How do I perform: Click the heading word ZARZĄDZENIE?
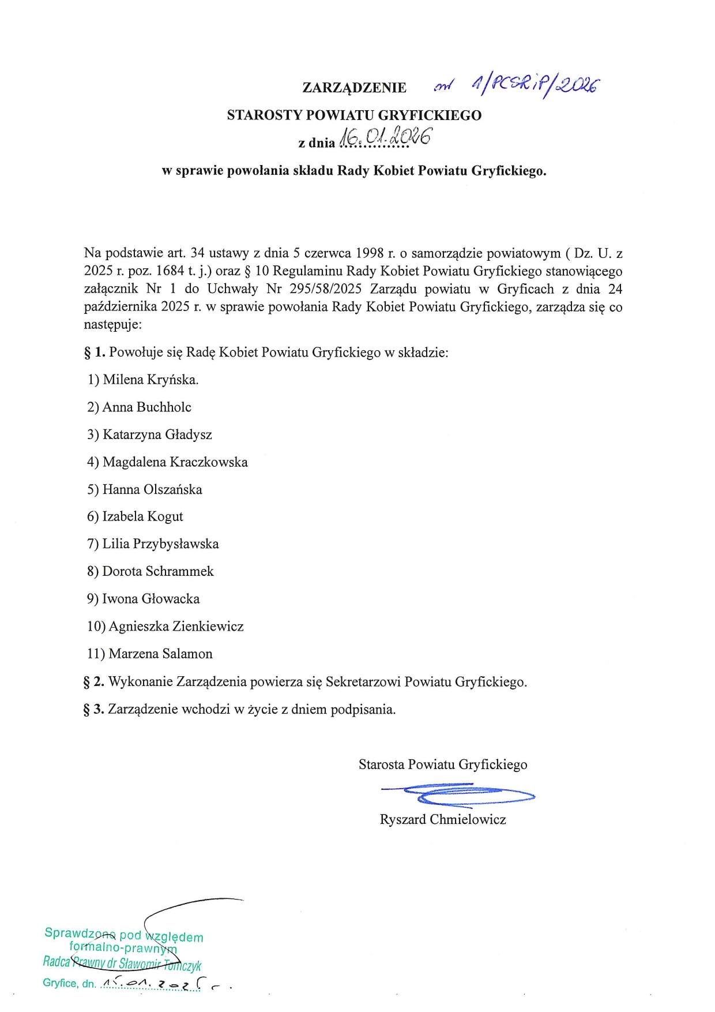[354, 88]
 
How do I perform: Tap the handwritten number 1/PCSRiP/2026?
[535, 86]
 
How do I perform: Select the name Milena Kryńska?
[150, 380]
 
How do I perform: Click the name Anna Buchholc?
[146, 407]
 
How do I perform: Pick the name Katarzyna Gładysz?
[157, 434]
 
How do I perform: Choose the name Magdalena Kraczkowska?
[175, 462]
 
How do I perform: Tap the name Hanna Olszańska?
[152, 490]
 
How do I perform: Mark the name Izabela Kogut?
[142, 516]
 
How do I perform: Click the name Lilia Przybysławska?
[160, 544]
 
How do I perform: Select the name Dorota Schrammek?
[157, 571]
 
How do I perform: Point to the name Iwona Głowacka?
[150, 599]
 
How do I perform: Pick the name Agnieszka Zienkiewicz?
[176, 627]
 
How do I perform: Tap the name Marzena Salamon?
[160, 654]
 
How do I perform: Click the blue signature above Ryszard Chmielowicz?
[457, 794]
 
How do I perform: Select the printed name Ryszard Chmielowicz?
[443, 819]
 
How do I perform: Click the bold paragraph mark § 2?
[93, 682]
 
